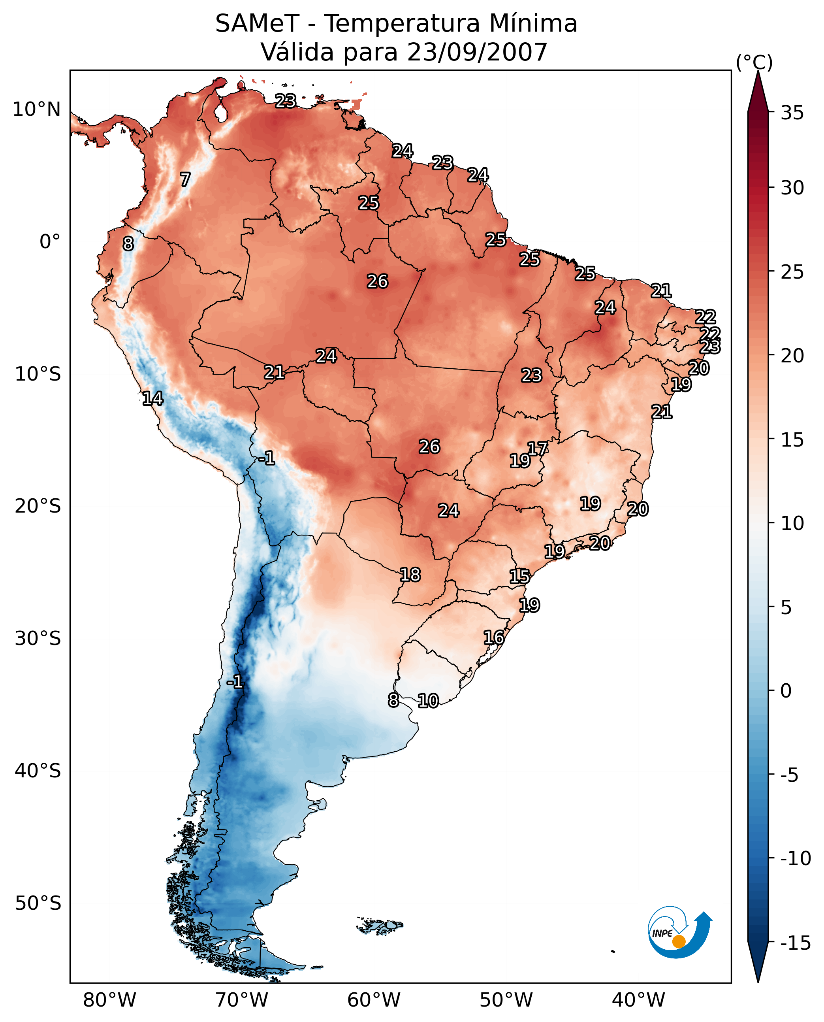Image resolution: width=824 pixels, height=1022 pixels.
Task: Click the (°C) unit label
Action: pos(754,62)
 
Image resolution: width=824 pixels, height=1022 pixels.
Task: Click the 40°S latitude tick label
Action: pos(38,770)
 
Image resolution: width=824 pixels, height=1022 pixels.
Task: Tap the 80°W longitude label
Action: pos(110,1000)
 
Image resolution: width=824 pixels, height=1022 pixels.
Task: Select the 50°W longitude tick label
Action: pos(506,1000)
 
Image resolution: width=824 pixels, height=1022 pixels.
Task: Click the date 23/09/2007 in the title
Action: pos(478,52)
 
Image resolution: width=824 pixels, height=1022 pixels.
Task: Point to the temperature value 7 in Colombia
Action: pos(185,179)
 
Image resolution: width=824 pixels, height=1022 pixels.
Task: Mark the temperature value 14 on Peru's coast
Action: pos(153,398)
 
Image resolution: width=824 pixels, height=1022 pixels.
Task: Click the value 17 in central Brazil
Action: pos(538,448)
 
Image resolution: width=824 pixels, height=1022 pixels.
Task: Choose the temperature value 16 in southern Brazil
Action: pos(494,637)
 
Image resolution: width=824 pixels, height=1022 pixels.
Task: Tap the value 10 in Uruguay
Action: pos(428,700)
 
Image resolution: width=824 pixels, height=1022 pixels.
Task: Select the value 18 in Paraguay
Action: pos(410,575)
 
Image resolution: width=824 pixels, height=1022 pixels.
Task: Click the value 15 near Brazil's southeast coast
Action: pos(520,577)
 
